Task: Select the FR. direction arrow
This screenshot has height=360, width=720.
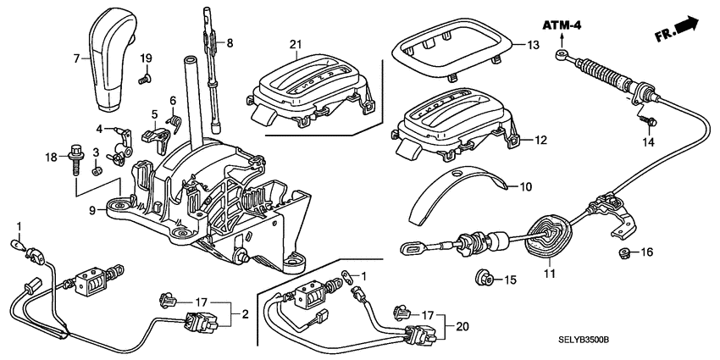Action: pos(677,30)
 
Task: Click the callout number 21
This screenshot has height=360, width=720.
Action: pos(296,44)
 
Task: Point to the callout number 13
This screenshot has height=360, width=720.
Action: pos(531,45)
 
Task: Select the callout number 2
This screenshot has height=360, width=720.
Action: pos(245,313)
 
